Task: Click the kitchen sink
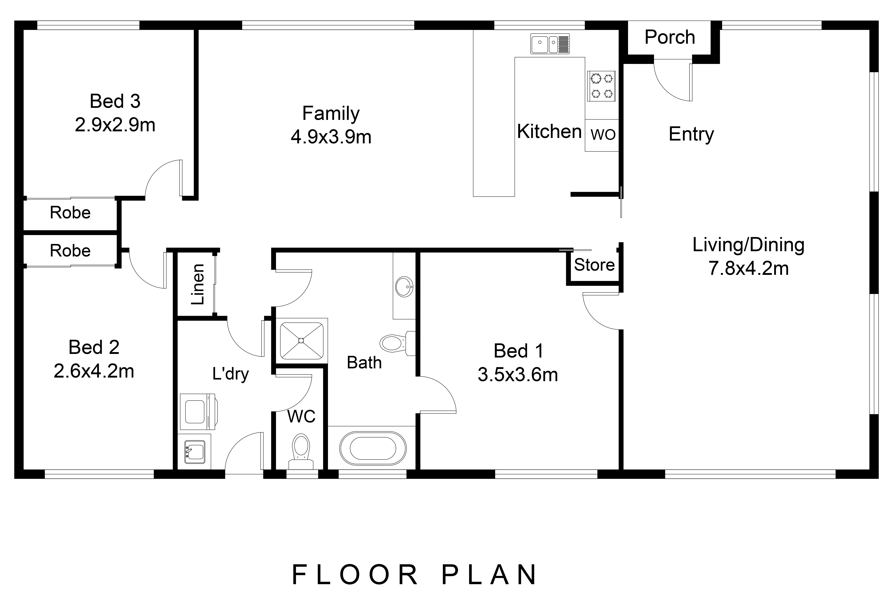click(550, 44)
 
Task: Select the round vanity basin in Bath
click(404, 287)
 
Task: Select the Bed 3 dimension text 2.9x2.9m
click(115, 125)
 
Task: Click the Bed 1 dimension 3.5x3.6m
click(518, 375)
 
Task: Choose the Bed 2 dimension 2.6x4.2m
click(94, 371)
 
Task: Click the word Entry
click(691, 134)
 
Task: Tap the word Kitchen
click(549, 131)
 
